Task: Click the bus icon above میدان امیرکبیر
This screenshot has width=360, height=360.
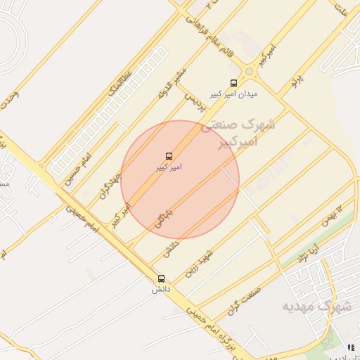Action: pos(233,82)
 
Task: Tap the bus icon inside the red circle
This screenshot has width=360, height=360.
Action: pos(169,156)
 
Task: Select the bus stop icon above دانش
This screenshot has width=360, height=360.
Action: pos(162,278)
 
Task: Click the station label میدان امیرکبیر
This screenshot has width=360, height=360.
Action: pos(233,94)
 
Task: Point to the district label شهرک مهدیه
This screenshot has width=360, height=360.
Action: pos(316,306)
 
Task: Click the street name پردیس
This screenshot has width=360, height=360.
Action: pos(193,103)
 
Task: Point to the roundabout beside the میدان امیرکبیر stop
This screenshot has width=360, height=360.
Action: pos(248,72)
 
